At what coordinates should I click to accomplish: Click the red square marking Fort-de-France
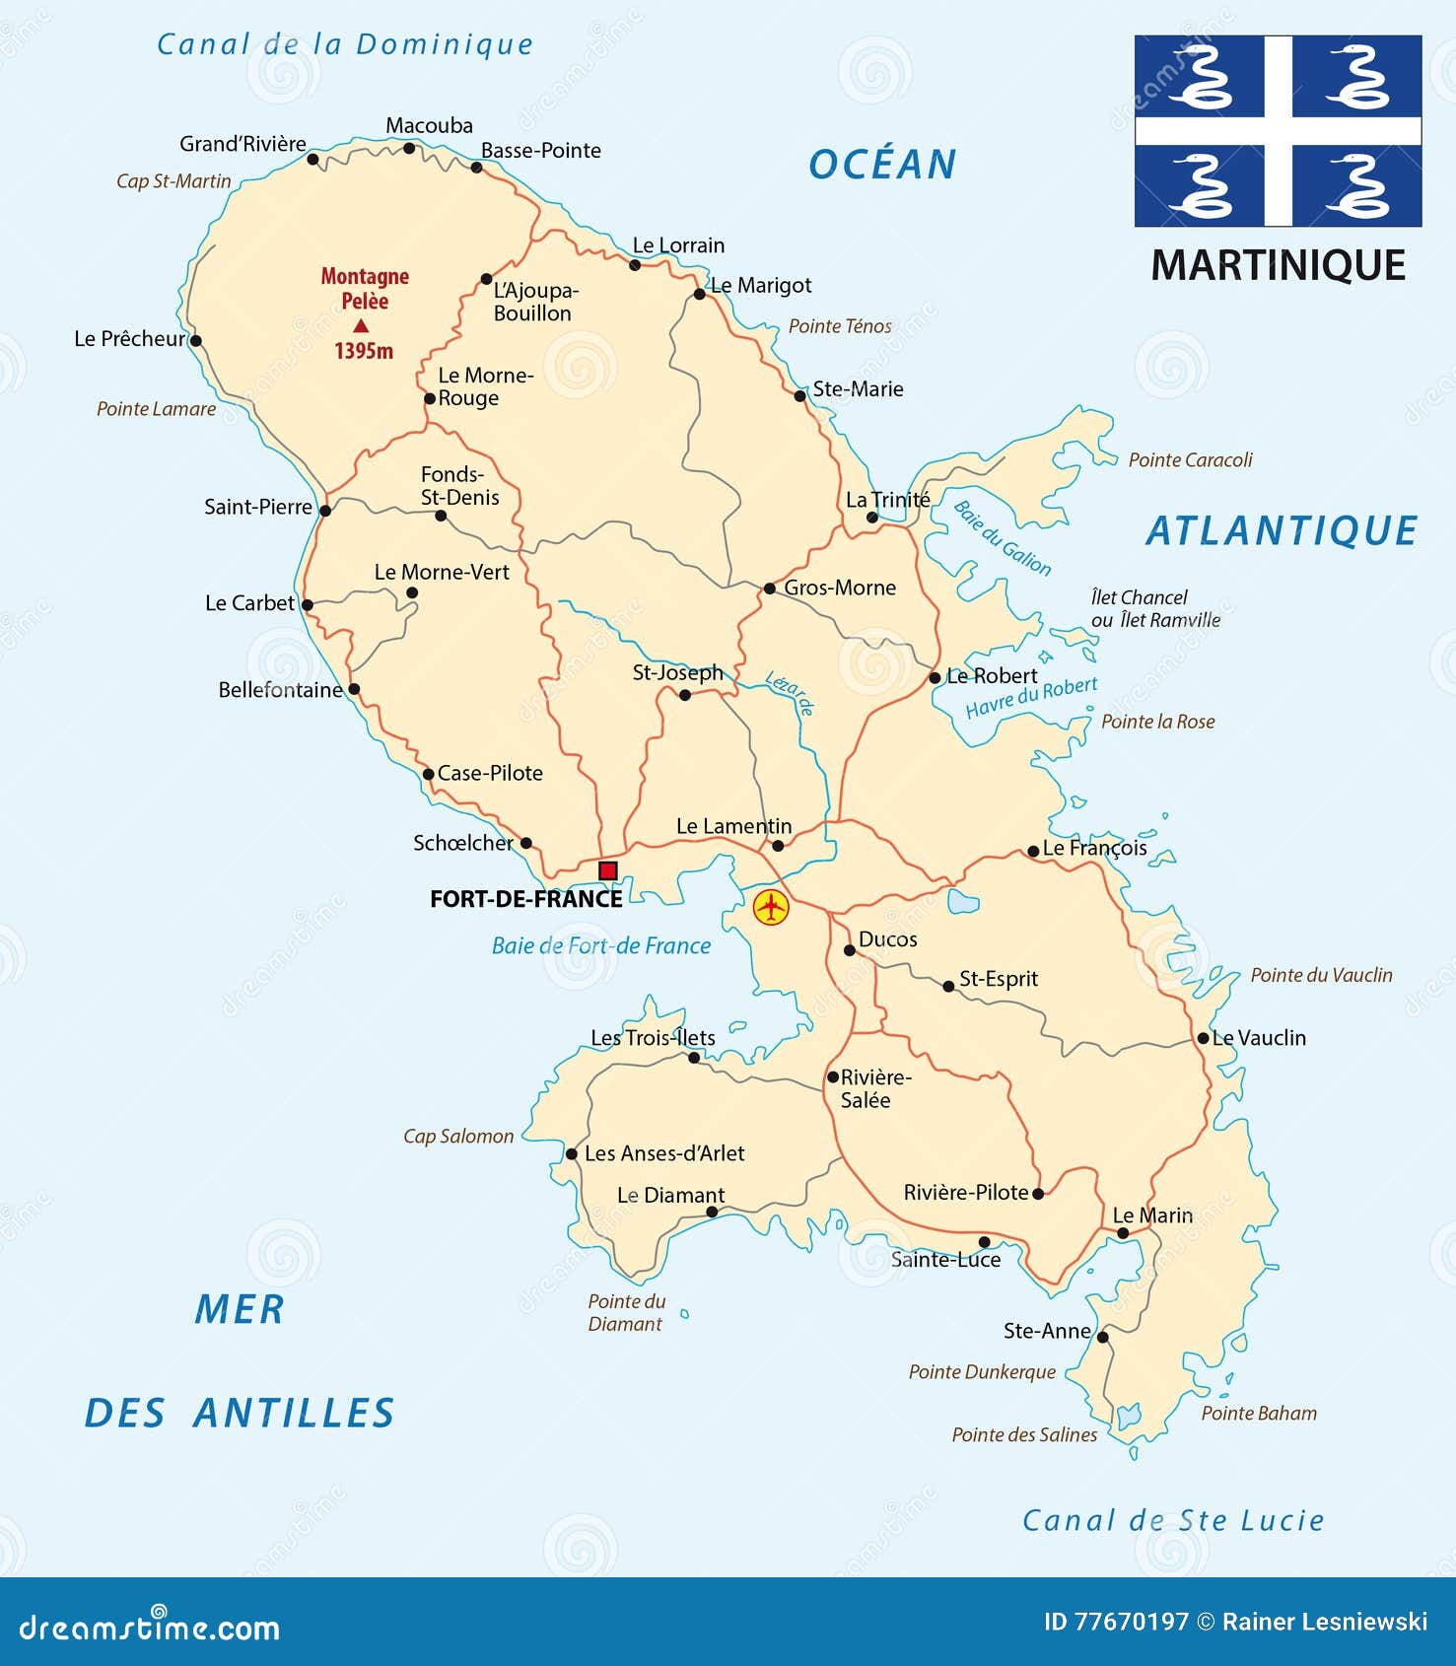tap(608, 870)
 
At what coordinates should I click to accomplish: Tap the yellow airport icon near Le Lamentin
tap(771, 906)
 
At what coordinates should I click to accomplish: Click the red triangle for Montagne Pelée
tap(362, 325)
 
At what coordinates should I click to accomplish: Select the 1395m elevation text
tap(364, 351)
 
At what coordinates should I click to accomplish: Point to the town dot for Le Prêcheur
tap(195, 341)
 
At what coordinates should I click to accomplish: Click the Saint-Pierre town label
tap(257, 507)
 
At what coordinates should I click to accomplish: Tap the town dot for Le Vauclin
tap(1203, 1038)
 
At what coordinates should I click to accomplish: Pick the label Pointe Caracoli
tap(1190, 459)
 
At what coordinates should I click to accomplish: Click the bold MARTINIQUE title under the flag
tap(1278, 265)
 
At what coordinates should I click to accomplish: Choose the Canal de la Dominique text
tap(345, 44)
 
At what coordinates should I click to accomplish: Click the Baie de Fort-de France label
tap(600, 945)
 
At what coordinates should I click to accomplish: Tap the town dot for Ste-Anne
tap(1103, 1338)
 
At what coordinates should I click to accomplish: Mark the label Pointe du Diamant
tap(626, 1312)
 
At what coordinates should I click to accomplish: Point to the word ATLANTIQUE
tap(1281, 531)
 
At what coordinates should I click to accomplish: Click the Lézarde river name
tap(790, 692)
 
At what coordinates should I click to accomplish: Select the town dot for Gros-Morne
tap(770, 589)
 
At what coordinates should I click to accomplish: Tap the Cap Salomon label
tap(458, 1136)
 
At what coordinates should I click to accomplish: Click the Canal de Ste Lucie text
tap(1173, 1520)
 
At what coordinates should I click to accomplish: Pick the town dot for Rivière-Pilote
tap(1037, 1194)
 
